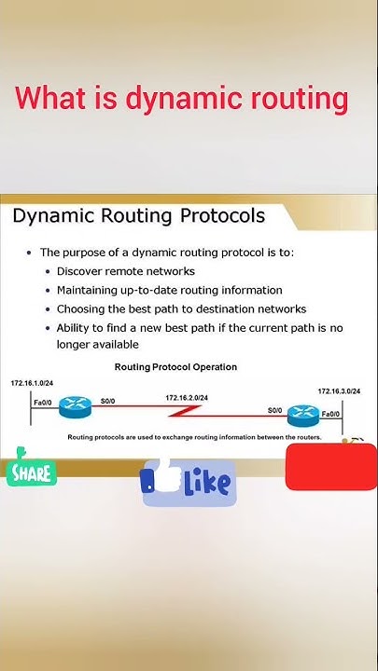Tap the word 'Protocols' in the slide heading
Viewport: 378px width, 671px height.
tap(222, 216)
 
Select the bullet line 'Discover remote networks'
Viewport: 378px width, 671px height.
tap(125, 271)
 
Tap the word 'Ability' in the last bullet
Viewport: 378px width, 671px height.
tap(75, 327)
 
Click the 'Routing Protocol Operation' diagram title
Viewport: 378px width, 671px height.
tap(175, 367)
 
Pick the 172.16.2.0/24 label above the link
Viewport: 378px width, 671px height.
tap(187, 398)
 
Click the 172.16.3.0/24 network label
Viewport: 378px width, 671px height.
tap(339, 391)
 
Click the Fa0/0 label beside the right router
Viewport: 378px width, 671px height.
tap(331, 413)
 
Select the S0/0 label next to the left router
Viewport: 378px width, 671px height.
tap(107, 402)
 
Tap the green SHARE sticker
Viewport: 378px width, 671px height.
tap(30, 471)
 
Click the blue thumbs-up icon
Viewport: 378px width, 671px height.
tap(159, 477)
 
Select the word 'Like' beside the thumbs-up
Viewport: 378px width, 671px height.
tap(206, 483)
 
